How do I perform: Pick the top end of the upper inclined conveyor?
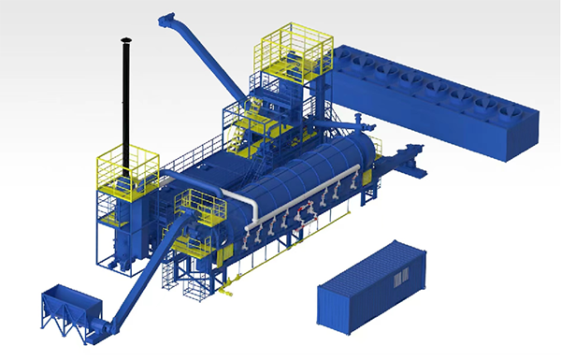click(169, 19)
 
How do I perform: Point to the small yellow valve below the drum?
click(234, 270)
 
